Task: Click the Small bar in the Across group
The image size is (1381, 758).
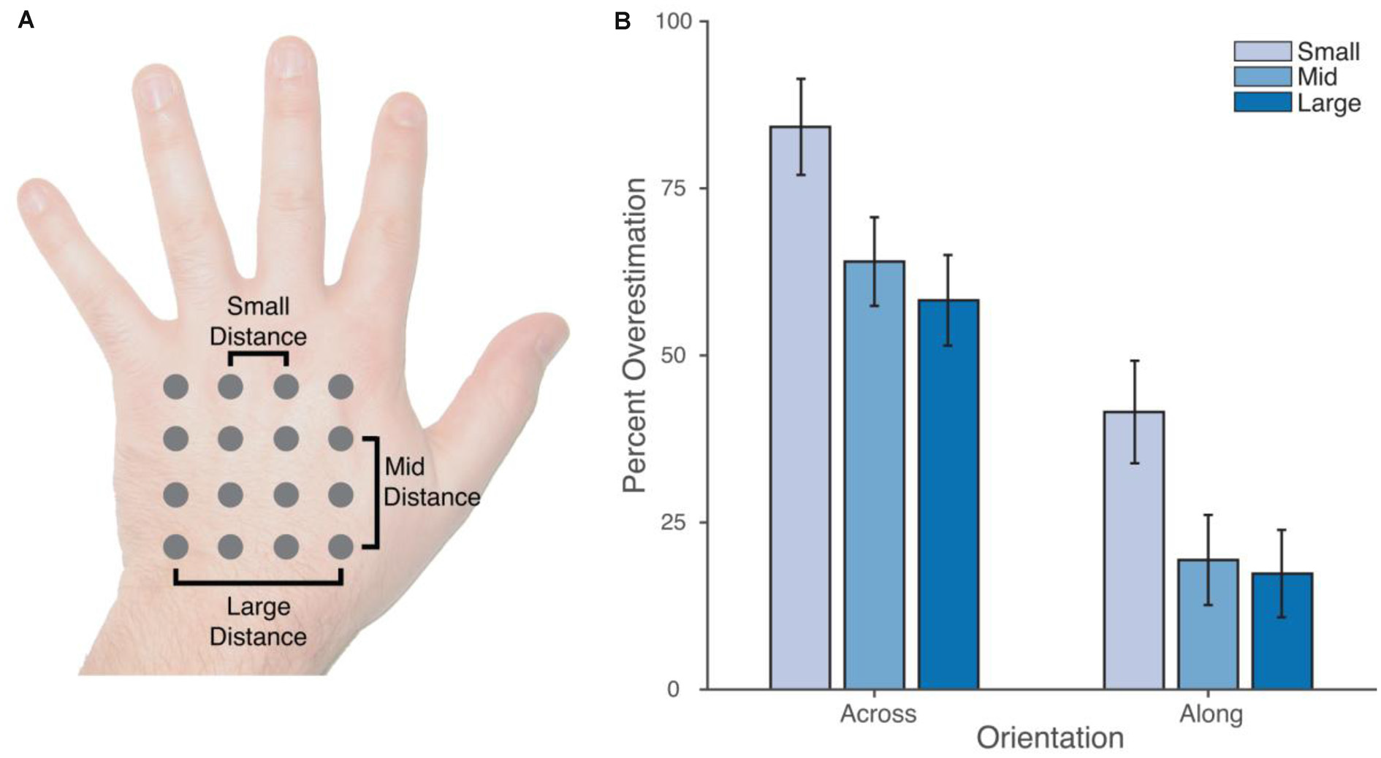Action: (800, 409)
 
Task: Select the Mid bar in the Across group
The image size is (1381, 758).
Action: (874, 475)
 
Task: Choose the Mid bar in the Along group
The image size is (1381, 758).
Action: (1208, 624)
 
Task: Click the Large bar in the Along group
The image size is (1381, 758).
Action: (1282, 631)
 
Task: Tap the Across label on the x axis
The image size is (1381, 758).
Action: (878, 713)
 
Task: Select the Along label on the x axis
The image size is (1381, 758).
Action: (1211, 713)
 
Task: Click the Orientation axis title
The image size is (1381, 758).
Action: (1050, 738)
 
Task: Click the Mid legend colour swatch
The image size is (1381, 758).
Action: (1262, 77)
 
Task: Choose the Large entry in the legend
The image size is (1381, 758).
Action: (1328, 103)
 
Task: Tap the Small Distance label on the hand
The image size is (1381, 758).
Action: (258, 321)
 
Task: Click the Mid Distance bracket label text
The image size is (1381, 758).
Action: (431, 482)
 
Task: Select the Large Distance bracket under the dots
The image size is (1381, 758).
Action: (258, 582)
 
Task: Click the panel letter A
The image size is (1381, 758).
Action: (26, 20)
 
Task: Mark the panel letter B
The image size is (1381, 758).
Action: (623, 21)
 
